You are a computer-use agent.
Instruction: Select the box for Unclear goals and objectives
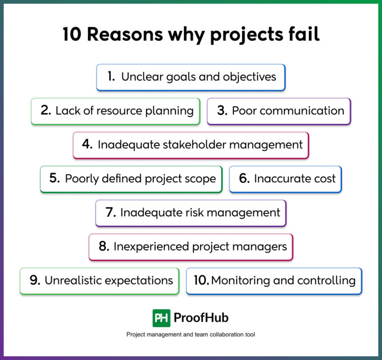[x=191, y=77]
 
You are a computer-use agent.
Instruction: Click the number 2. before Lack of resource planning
[x=46, y=110]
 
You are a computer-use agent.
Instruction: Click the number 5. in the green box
[x=55, y=179]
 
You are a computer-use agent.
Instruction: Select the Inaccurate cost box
[x=286, y=179]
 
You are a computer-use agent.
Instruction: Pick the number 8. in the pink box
[x=104, y=246]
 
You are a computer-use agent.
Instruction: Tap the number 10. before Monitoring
[x=201, y=280]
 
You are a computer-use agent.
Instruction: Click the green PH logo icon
[x=161, y=318]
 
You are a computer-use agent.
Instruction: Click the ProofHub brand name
[x=201, y=318]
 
